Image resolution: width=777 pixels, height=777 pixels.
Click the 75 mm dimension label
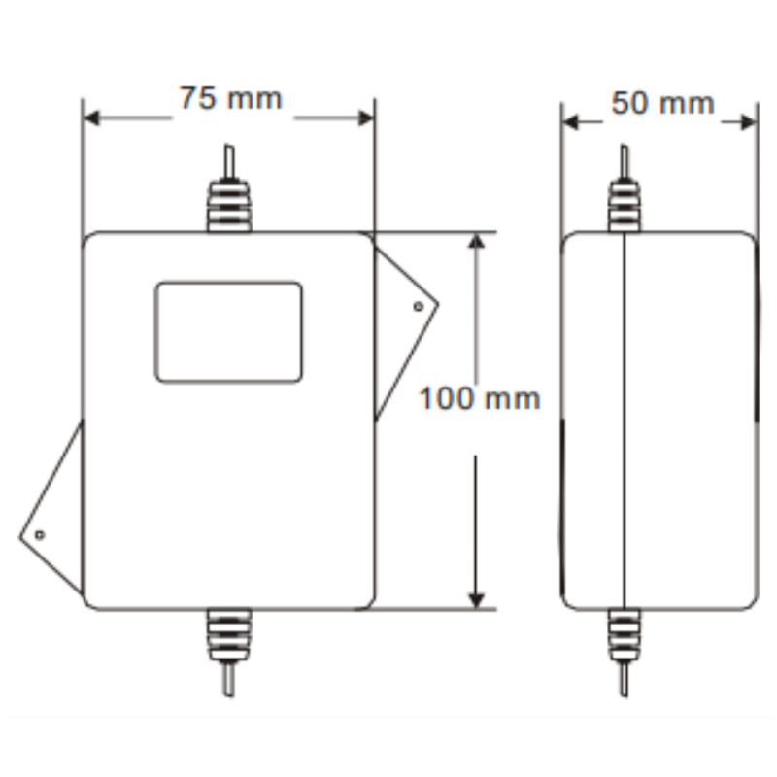tap(229, 99)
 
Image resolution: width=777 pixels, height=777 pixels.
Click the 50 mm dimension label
tap(661, 103)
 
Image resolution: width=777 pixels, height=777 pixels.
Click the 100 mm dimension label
tap(479, 398)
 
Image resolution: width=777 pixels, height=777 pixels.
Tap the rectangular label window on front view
tap(228, 332)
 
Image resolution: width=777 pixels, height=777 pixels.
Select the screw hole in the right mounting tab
tap(418, 307)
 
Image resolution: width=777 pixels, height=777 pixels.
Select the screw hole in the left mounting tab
tap(40, 535)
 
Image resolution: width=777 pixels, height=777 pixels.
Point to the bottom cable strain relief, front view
tap(229, 635)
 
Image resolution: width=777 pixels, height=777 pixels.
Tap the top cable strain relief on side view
tap(624, 206)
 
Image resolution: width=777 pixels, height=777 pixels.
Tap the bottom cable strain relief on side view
tap(624, 635)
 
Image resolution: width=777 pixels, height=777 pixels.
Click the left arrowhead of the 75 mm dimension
tap(92, 118)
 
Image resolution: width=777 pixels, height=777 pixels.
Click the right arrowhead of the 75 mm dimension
tap(365, 118)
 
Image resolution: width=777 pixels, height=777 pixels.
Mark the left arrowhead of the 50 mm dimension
tap(571, 122)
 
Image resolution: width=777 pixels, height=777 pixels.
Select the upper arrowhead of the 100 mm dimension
tap(476, 242)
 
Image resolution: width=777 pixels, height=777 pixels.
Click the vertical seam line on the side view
tap(624, 418)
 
